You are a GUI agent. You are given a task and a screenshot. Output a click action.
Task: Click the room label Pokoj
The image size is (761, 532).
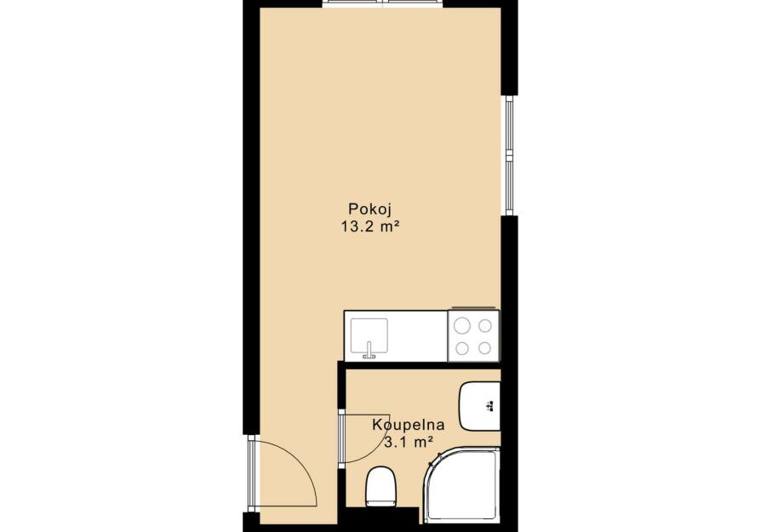click(x=369, y=209)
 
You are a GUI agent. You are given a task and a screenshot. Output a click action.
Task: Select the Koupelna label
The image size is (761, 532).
click(x=408, y=425)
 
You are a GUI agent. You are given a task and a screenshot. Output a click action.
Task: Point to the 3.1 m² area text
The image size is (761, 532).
click(x=408, y=443)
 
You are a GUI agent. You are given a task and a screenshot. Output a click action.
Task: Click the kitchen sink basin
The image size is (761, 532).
click(x=369, y=335)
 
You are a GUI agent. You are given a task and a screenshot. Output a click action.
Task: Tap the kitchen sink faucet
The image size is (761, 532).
click(x=369, y=351)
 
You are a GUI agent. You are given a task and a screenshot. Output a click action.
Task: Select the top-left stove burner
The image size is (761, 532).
click(x=462, y=325)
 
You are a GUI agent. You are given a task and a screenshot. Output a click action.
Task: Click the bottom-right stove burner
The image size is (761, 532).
click(x=485, y=348)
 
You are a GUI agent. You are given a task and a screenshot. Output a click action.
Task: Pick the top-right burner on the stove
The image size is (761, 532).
click(x=485, y=325)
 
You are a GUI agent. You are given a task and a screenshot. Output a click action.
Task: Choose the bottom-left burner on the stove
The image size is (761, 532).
click(x=462, y=348)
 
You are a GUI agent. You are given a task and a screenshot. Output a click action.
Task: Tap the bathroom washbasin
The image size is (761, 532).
click(x=479, y=406)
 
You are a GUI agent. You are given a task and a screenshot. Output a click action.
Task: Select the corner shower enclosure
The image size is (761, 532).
click(x=461, y=485)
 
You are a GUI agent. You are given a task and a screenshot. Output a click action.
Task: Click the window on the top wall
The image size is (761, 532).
click(x=383, y=4)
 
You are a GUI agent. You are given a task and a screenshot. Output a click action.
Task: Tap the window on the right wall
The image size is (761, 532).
click(x=509, y=155)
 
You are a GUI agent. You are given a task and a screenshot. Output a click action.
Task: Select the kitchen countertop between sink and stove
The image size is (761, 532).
click(x=417, y=336)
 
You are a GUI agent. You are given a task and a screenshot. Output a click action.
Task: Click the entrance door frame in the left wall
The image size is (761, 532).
click(x=251, y=473)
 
